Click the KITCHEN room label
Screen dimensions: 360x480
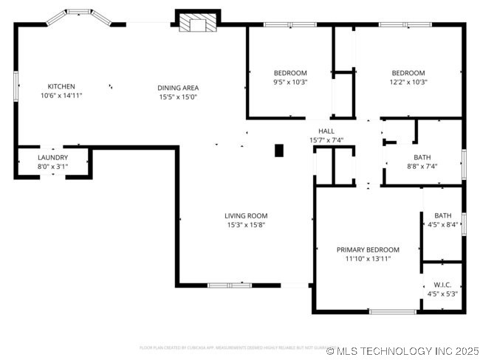pyautogui.click(x=61, y=86)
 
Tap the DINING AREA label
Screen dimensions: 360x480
pyautogui.click(x=177, y=88)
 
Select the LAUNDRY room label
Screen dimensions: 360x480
pyautogui.click(x=52, y=157)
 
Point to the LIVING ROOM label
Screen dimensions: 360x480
pyautogui.click(x=246, y=216)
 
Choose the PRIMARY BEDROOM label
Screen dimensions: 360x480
pyautogui.click(x=368, y=250)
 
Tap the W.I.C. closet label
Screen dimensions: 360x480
pyautogui.click(x=442, y=285)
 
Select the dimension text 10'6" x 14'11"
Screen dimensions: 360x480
pyautogui.click(x=61, y=95)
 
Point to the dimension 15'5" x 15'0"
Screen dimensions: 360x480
pyautogui.click(x=177, y=97)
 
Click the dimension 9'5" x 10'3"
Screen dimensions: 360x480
pyautogui.click(x=290, y=82)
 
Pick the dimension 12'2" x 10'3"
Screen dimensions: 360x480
pyautogui.click(x=408, y=82)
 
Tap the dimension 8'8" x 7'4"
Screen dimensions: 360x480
pyautogui.click(x=422, y=166)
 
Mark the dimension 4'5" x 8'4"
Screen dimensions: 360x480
pyautogui.click(x=442, y=225)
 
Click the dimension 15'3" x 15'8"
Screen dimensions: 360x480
pyautogui.click(x=246, y=225)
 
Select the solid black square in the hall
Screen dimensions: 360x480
pyautogui.click(x=279, y=150)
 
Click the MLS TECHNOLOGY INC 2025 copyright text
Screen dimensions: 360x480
pyautogui.click(x=402, y=351)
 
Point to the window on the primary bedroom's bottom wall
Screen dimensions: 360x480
pyautogui.click(x=392, y=312)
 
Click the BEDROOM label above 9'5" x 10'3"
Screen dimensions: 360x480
pyautogui.click(x=290, y=73)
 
